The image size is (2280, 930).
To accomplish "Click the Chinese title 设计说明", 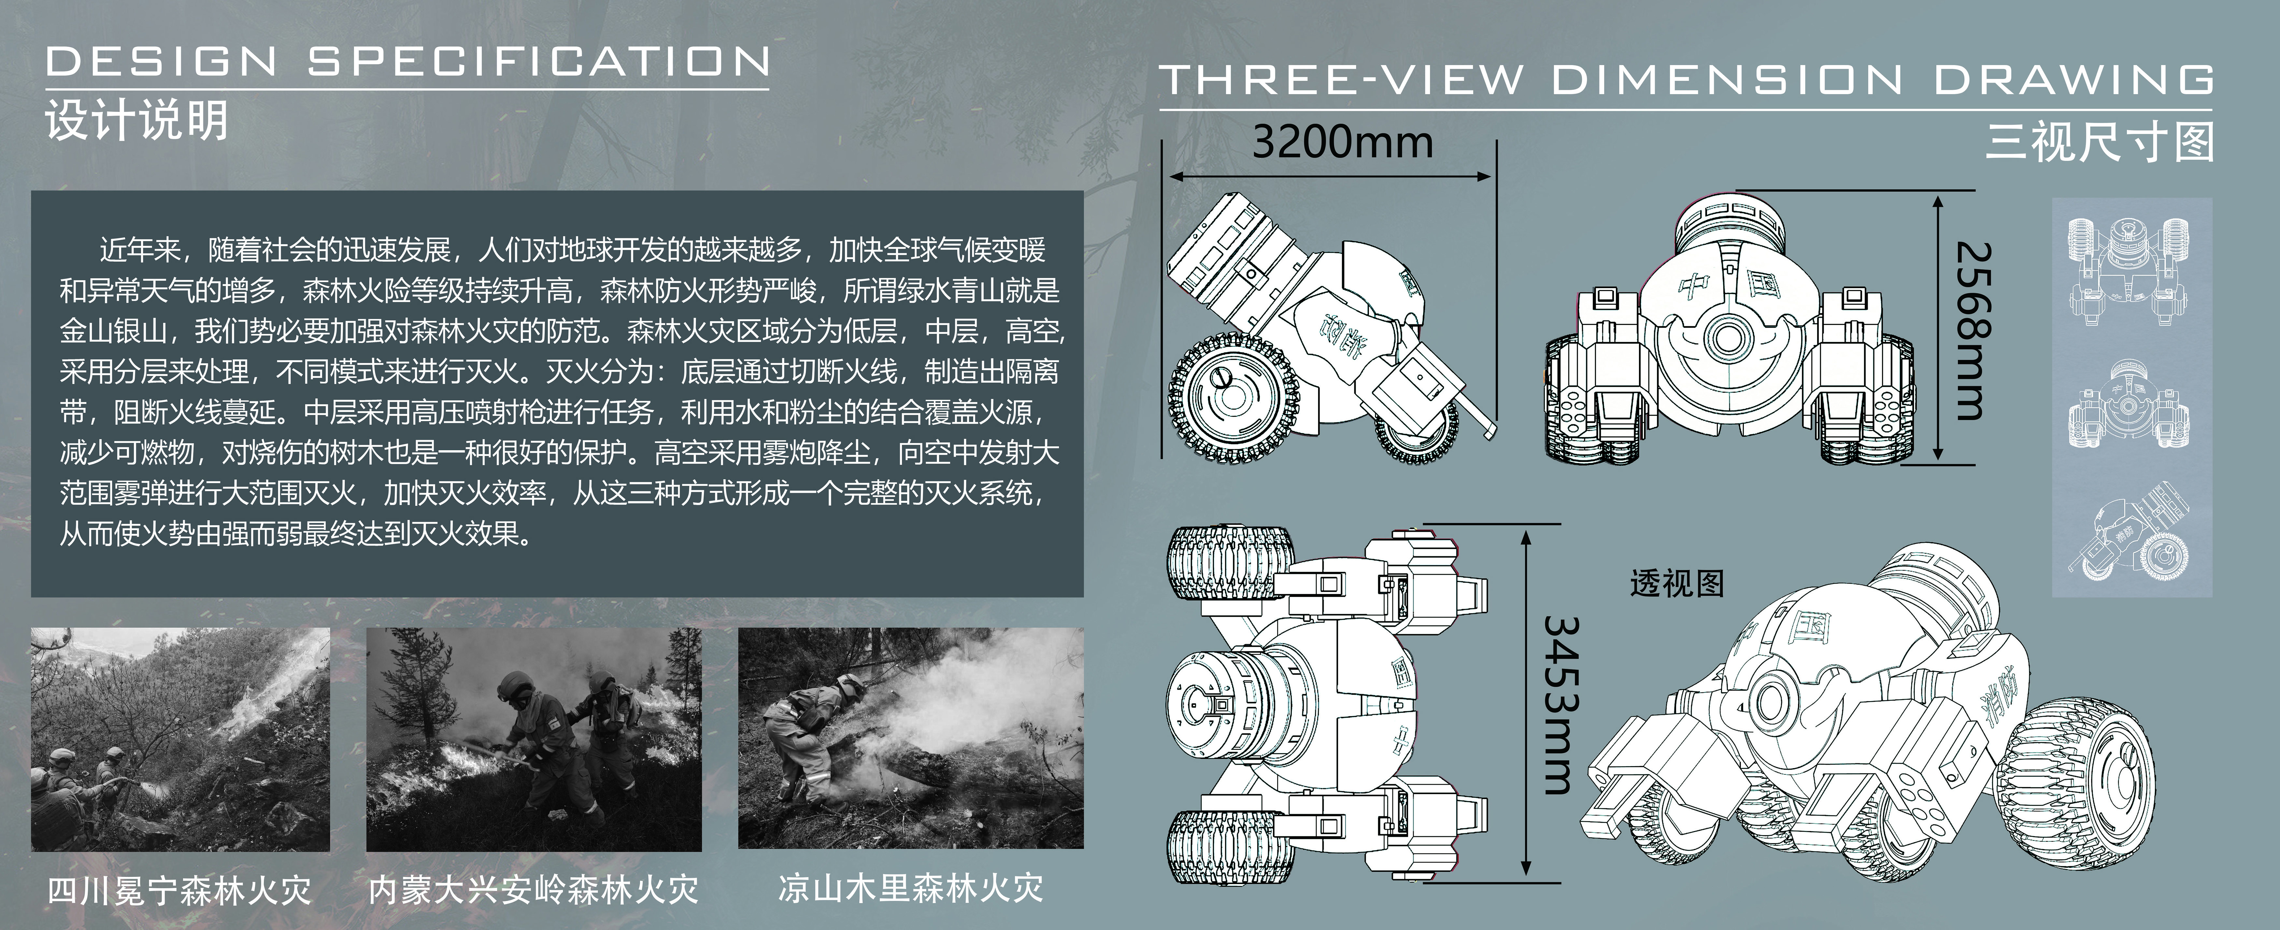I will [x=137, y=120].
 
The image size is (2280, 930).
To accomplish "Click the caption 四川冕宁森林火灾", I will [x=180, y=889].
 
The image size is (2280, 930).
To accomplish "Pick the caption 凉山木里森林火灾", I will [x=910, y=888].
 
